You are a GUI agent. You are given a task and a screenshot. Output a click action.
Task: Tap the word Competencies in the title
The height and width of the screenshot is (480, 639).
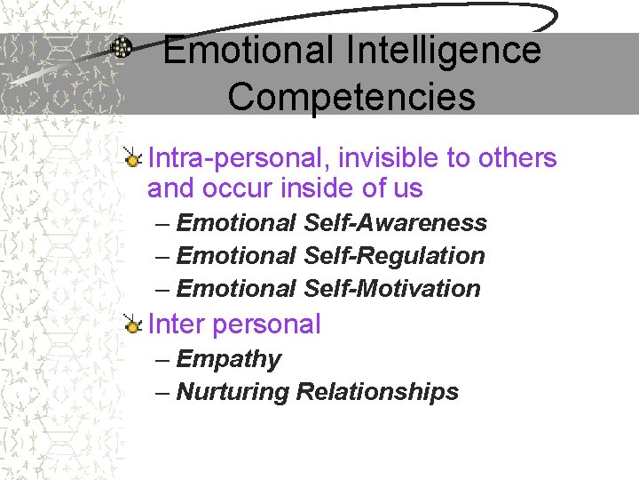tap(351, 97)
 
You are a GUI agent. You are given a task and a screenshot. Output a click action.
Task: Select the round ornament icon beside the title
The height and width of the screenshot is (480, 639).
tap(123, 48)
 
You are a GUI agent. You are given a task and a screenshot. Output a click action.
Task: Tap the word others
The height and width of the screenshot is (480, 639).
tap(517, 158)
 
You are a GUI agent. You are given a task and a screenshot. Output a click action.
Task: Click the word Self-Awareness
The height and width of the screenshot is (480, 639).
tap(395, 223)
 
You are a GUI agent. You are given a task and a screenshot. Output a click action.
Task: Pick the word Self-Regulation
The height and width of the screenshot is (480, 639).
tap(394, 256)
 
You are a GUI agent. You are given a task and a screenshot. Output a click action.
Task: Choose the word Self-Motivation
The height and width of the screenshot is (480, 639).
tap(391, 289)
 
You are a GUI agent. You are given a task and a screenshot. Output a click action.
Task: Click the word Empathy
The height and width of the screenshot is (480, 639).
tap(228, 360)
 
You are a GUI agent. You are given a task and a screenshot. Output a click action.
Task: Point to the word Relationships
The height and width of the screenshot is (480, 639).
tap(377, 392)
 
